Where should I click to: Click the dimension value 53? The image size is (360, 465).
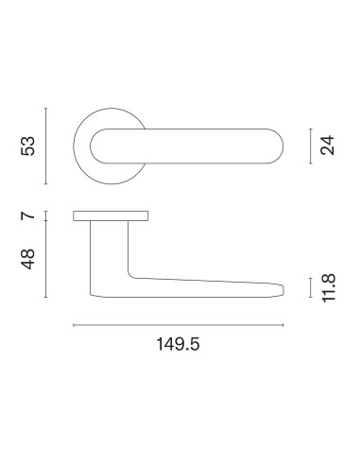coord(27,146)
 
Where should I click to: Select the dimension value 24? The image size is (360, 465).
coord(327,146)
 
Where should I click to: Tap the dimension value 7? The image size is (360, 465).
coord(27,215)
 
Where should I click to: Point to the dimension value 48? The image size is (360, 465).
coord(27,259)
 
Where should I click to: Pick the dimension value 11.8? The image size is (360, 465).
coord(329,288)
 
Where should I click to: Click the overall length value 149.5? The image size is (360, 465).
coord(178,344)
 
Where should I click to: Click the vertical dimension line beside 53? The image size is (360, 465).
coord(46,146)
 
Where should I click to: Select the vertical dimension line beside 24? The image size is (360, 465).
coord(311,146)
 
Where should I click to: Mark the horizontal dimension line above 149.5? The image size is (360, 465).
coord(179,325)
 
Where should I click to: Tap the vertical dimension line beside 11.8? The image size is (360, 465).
coord(311,287)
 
